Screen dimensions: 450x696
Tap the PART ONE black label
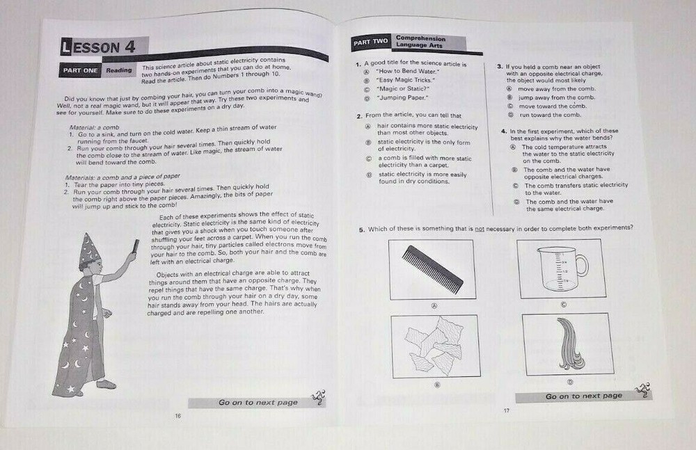click(x=81, y=70)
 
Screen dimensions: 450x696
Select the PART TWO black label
click(x=370, y=42)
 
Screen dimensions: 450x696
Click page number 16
click(x=179, y=415)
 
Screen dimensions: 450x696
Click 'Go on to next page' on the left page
click(x=258, y=402)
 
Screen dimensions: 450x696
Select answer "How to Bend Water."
click(x=404, y=72)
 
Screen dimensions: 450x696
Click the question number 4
click(x=503, y=131)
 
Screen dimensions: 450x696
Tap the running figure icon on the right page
click(x=644, y=389)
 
